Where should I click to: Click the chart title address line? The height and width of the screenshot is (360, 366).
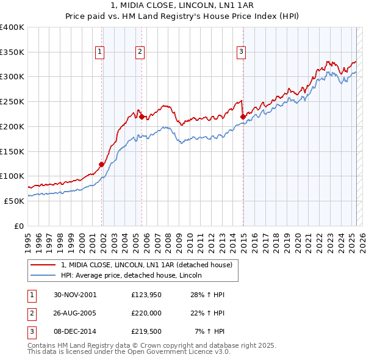click(x=182, y=6)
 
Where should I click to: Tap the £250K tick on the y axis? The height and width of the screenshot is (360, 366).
click(x=12, y=101)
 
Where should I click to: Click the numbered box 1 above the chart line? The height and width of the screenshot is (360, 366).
click(x=99, y=52)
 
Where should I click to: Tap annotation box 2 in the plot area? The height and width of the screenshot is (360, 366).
click(x=140, y=52)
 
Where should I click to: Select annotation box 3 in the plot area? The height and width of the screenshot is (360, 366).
click(x=242, y=52)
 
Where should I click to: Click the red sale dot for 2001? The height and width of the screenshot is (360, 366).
click(x=102, y=164)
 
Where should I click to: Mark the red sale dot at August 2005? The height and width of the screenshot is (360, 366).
click(x=142, y=116)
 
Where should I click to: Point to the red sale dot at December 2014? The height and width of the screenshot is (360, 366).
click(x=242, y=116)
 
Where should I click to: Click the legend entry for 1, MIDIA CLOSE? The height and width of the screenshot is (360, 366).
click(x=146, y=265)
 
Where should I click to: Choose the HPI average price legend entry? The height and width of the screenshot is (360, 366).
click(x=135, y=275)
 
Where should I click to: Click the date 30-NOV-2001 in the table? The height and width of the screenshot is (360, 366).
click(x=75, y=295)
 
